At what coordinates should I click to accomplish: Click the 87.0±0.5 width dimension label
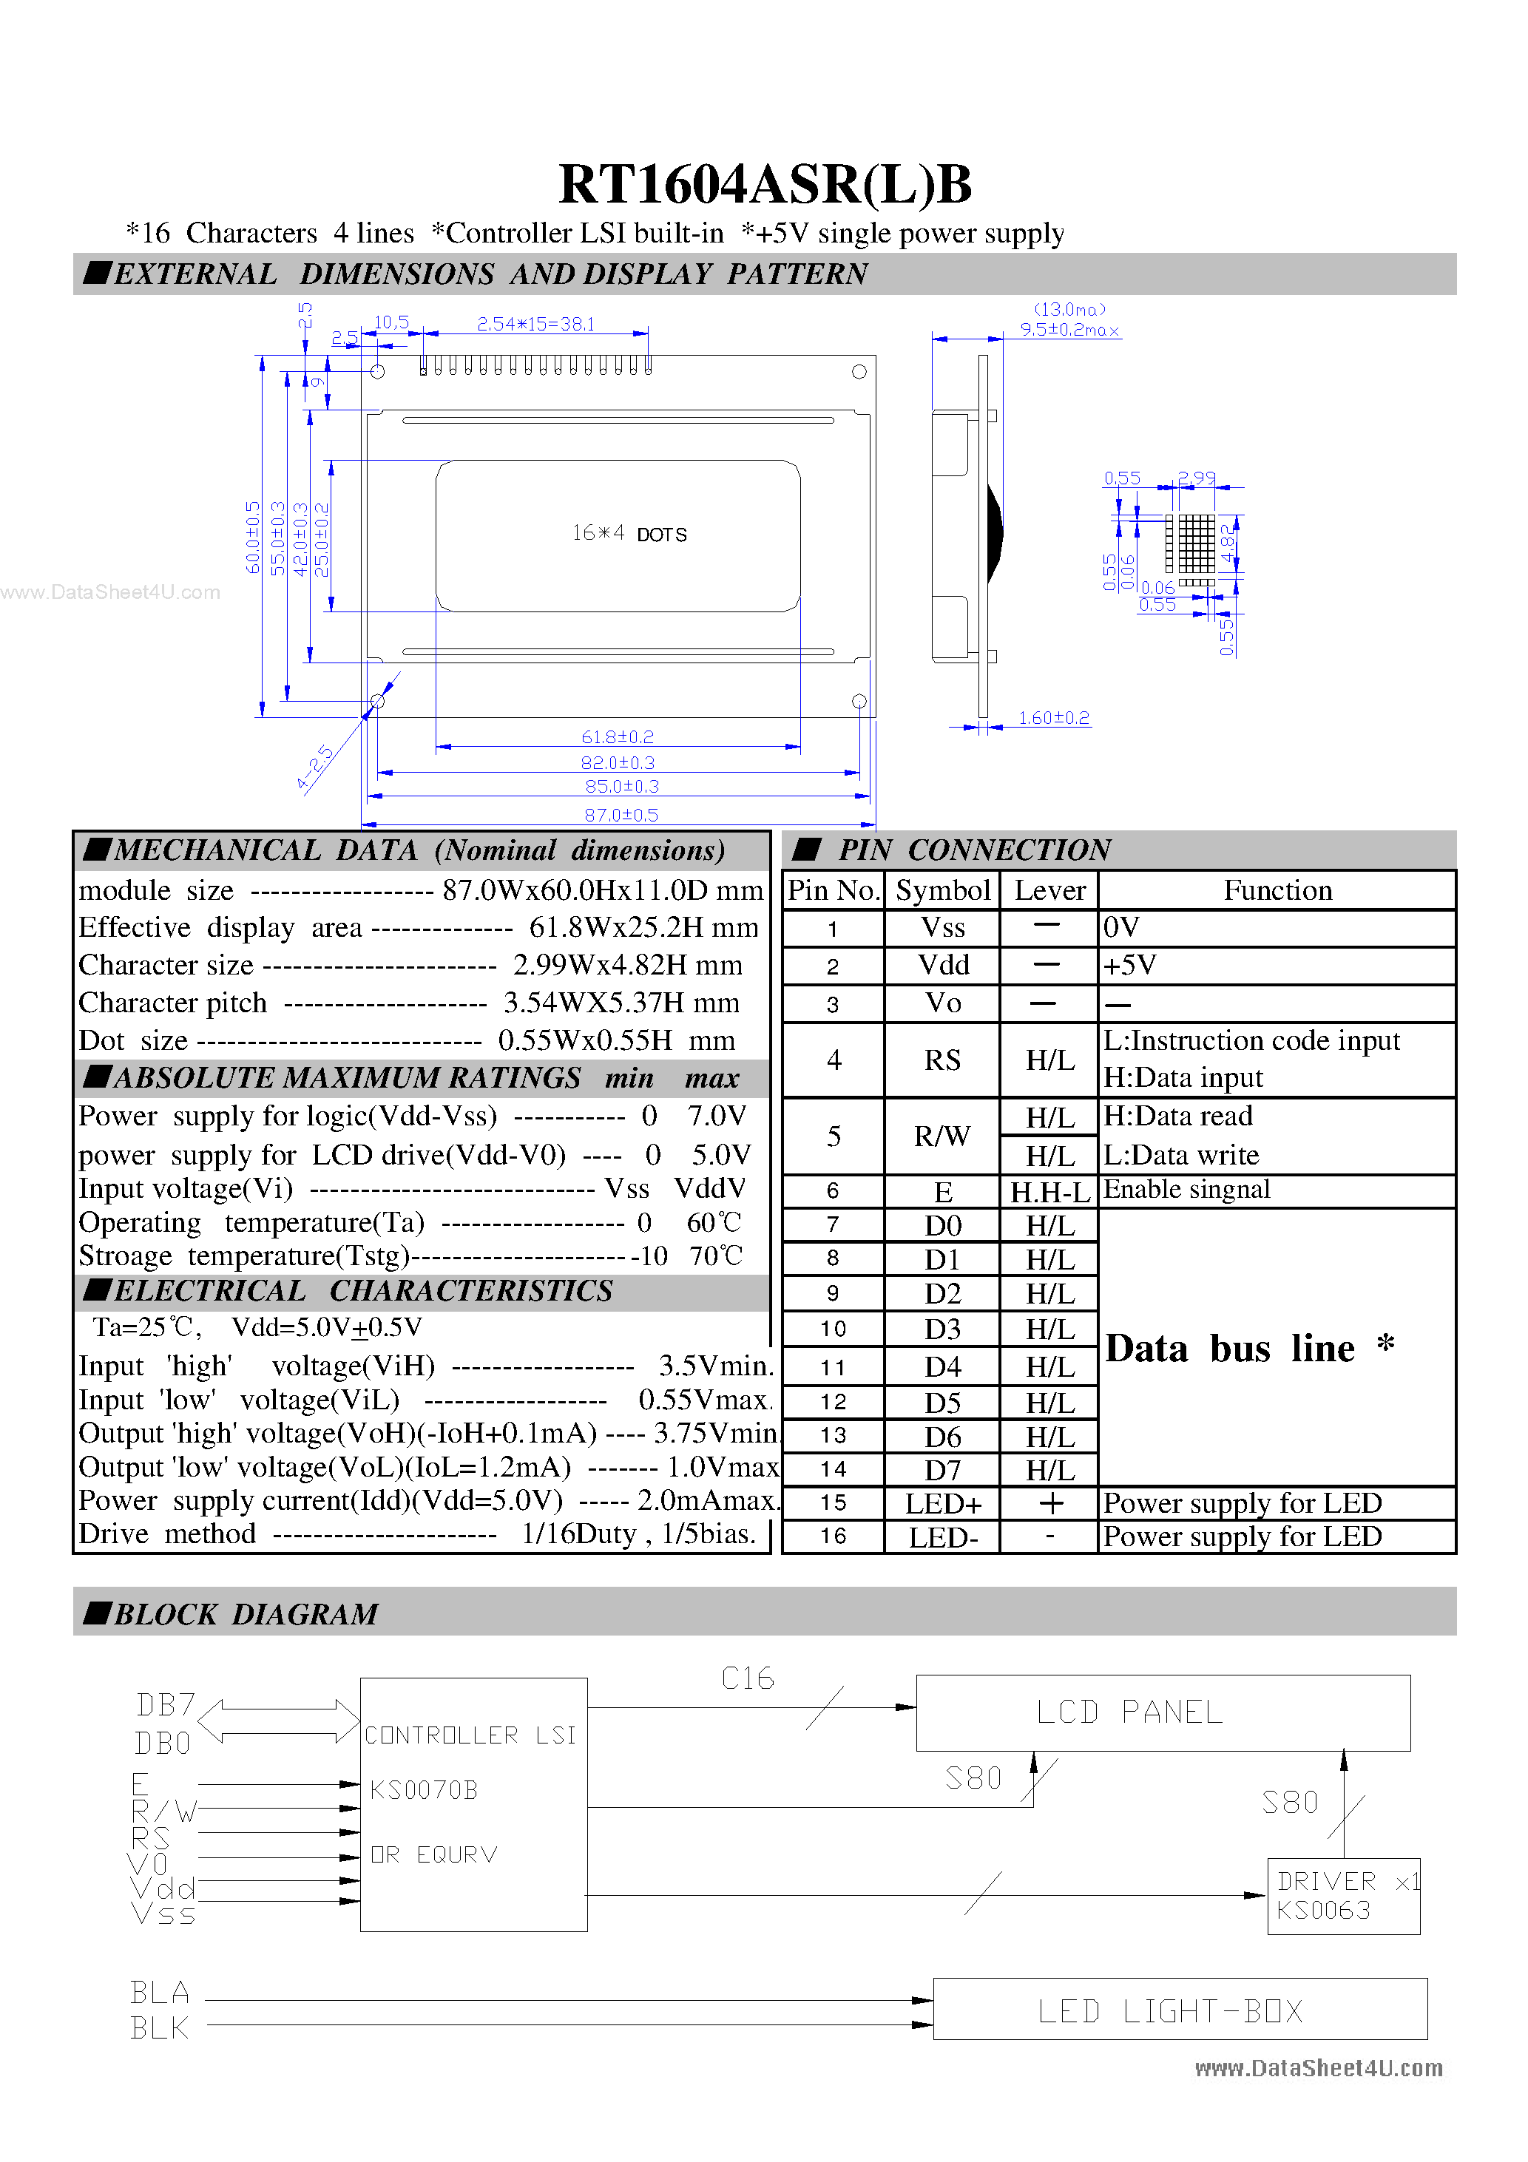point(621,815)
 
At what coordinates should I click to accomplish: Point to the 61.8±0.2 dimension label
point(617,736)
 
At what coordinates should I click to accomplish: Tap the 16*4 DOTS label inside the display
point(629,534)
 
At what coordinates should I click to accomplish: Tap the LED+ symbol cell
point(942,1504)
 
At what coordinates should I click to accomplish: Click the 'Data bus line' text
point(1229,1349)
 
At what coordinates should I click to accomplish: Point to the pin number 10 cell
point(833,1329)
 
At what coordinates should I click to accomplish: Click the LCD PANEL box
point(1162,1712)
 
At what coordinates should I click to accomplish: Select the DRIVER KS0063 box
point(1342,1896)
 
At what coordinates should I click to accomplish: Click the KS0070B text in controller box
point(424,1789)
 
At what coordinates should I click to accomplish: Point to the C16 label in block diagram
point(747,1678)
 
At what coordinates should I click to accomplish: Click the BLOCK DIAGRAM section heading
point(245,1614)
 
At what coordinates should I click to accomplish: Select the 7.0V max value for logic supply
point(716,1116)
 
